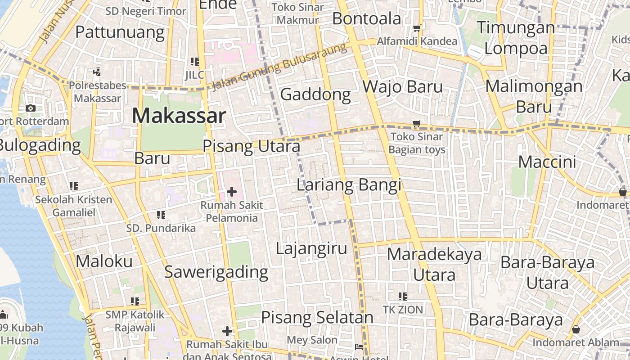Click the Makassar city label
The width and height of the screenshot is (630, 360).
point(179,116)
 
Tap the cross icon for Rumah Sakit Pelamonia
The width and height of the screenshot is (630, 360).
point(232,192)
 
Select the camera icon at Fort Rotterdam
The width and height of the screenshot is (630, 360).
point(31,108)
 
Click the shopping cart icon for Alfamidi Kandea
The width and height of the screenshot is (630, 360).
point(417,28)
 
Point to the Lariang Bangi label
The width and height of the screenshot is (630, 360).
point(349,185)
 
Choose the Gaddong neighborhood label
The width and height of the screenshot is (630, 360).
point(315,94)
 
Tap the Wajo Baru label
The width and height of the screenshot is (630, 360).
point(403,86)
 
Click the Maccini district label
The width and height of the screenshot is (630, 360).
point(547,162)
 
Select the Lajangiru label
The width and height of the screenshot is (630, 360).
point(311,248)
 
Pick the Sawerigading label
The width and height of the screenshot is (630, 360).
point(216,272)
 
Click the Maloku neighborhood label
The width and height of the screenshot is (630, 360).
point(104,261)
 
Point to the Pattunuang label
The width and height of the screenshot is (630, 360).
point(120,32)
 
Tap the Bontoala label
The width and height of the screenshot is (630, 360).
point(366,19)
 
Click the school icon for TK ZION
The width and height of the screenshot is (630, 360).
point(403,296)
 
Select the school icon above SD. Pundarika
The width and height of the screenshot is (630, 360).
point(161,215)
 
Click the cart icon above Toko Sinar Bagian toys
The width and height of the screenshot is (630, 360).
point(417,123)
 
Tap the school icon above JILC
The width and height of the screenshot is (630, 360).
point(194,62)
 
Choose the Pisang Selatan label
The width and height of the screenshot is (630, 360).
point(317,317)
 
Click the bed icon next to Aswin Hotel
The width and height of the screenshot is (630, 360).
point(359,347)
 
